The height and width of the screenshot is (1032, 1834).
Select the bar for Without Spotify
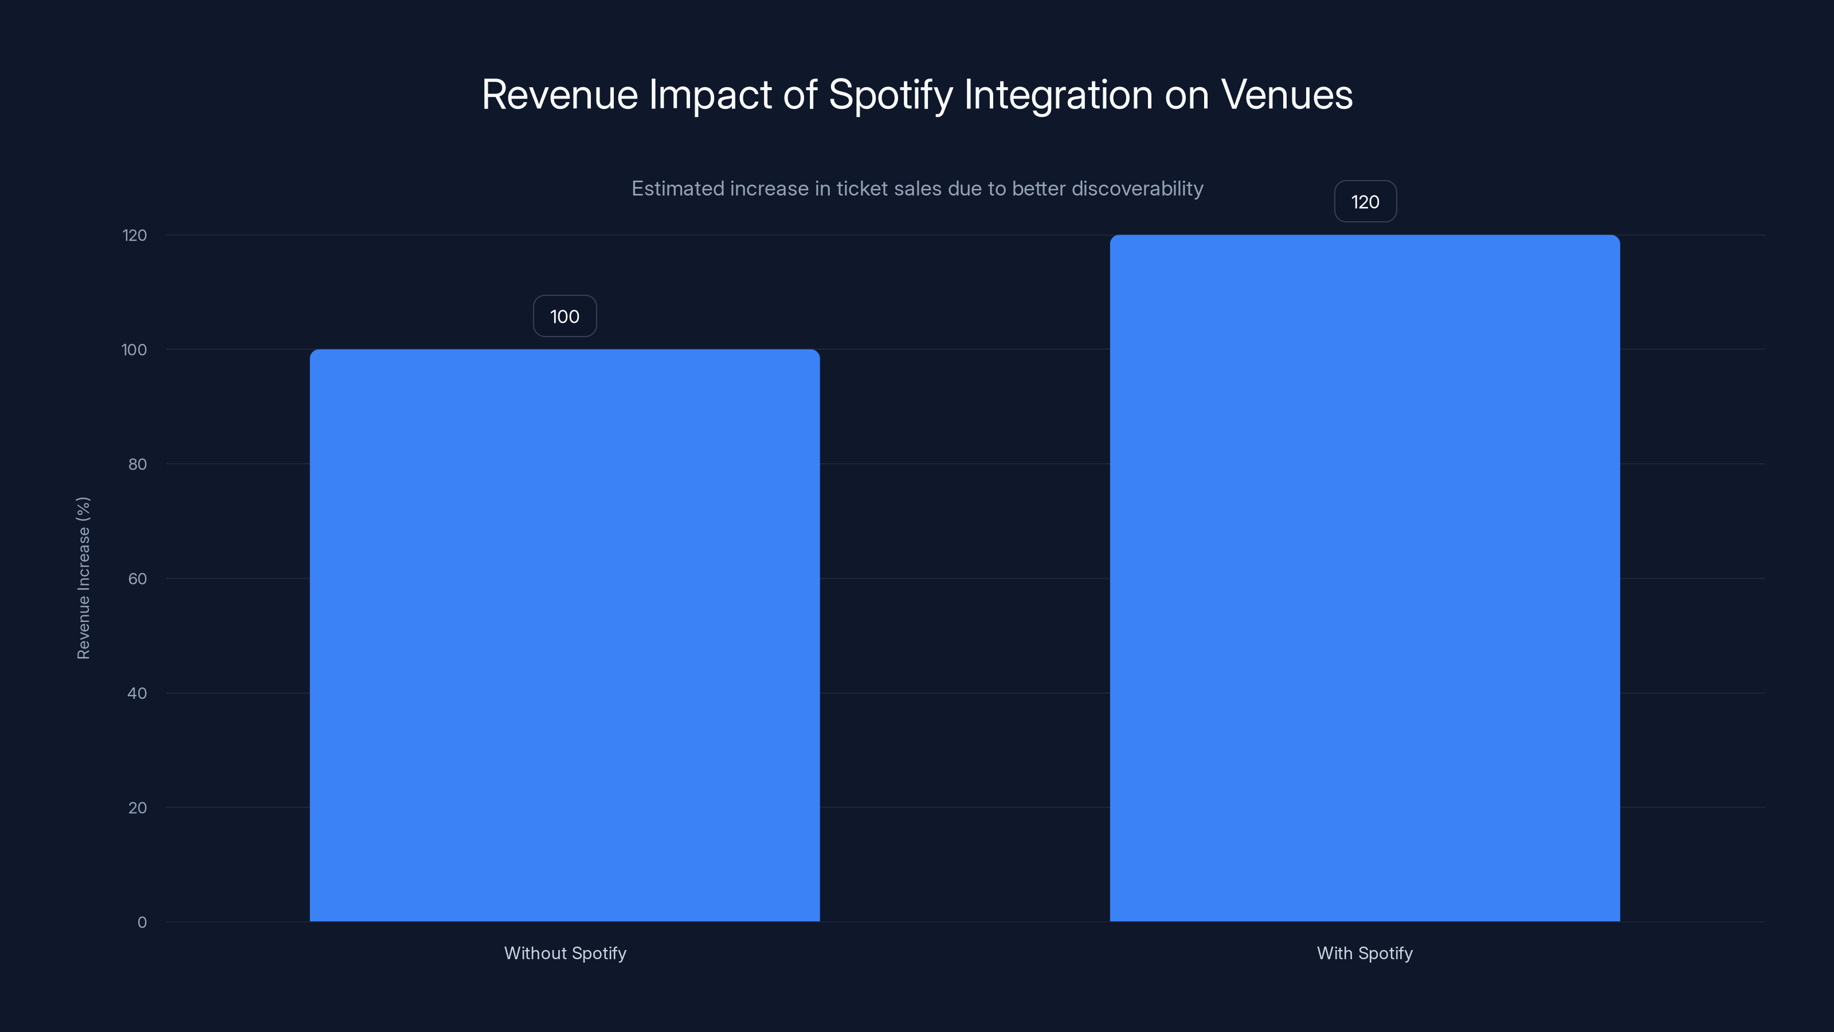(x=565, y=635)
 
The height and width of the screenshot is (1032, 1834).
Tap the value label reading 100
(x=565, y=316)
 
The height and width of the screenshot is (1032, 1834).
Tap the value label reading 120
(x=1365, y=202)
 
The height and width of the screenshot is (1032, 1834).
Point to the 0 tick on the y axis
(x=142, y=922)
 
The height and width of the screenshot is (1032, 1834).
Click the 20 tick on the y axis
(x=138, y=808)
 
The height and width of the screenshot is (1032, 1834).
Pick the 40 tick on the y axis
(x=138, y=693)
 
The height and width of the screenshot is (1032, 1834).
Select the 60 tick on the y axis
(x=138, y=578)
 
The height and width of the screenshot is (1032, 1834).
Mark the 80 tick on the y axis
(x=138, y=464)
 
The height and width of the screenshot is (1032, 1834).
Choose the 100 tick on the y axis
(x=134, y=350)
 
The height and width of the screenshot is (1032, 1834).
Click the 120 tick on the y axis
(x=135, y=235)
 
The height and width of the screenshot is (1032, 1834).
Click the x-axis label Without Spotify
(x=565, y=953)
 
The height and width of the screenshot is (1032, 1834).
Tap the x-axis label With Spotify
(x=1364, y=953)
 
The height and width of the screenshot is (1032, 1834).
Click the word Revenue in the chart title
(x=559, y=95)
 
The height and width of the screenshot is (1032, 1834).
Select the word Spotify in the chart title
(x=890, y=95)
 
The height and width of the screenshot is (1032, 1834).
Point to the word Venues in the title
(x=1287, y=95)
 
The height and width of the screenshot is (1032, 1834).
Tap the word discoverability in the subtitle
(x=1137, y=189)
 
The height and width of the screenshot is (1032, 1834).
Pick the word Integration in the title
(x=1058, y=95)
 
